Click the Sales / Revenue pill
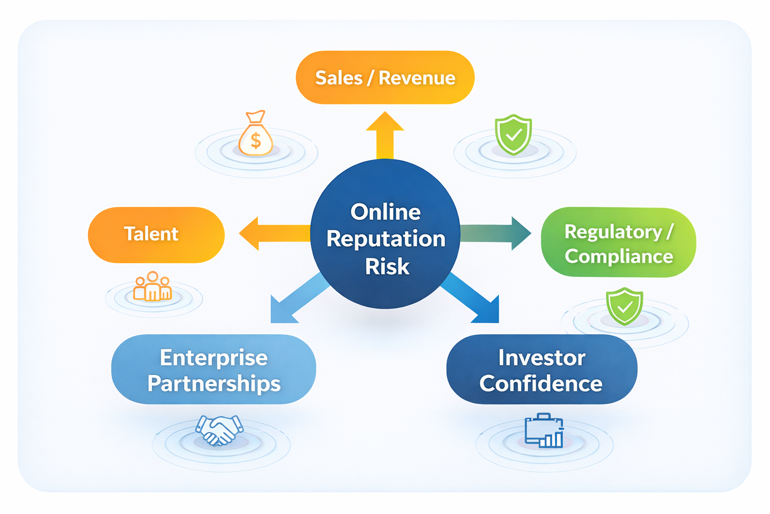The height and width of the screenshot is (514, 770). coord(385,78)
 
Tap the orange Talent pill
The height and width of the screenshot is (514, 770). coord(156,234)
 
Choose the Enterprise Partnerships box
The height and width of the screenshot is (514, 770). coord(214,369)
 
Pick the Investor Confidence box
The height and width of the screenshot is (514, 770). coord(541,369)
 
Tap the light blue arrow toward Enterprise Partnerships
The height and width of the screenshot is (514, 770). coord(296,299)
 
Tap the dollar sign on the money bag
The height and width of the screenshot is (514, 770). coord(256,140)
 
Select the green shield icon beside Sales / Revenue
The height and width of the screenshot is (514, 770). coord(513,134)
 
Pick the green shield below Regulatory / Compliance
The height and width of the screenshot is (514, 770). coord(624,306)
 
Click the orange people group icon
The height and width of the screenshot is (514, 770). coord(152,287)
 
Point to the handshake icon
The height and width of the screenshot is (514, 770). coord(219,430)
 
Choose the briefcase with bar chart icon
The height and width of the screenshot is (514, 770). coord(544,431)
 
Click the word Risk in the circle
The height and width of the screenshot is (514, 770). coord(387,267)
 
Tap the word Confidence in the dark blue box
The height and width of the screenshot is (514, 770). coord(541,383)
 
